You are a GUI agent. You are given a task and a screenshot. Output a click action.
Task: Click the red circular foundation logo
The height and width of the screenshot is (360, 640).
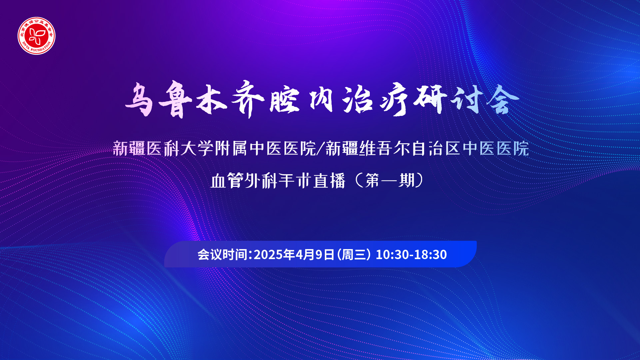[x=37, y=36]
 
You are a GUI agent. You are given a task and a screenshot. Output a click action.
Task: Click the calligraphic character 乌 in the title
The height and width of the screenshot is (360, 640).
[x=139, y=99]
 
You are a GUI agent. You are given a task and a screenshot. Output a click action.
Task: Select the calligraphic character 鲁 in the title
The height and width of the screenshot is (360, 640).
[x=175, y=99]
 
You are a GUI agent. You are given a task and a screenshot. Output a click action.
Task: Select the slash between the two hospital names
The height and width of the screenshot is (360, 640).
[x=320, y=149]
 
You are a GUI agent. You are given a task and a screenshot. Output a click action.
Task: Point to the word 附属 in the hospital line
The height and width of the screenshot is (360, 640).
[x=231, y=149]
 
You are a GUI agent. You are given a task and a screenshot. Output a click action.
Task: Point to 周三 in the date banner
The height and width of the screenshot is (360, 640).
[x=354, y=254]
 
